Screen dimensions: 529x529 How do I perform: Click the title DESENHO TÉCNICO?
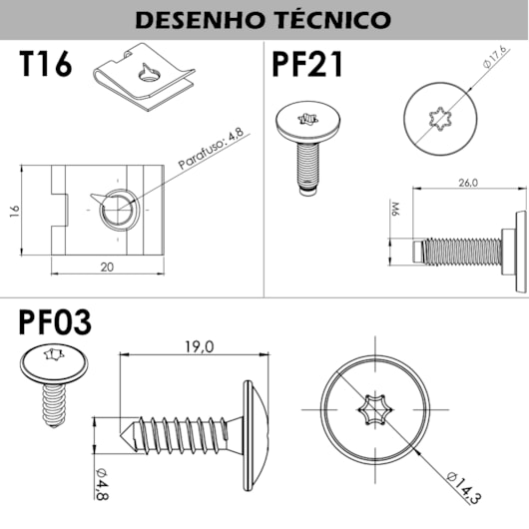pyautogui.click(x=264, y=20)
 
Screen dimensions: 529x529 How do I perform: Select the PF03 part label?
pyautogui.click(x=55, y=322)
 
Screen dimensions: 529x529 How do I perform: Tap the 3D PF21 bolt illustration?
pyautogui.click(x=305, y=145)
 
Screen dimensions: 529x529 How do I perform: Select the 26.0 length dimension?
pyautogui.click(x=466, y=184)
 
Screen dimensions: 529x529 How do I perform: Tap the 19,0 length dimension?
pyautogui.click(x=198, y=346)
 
